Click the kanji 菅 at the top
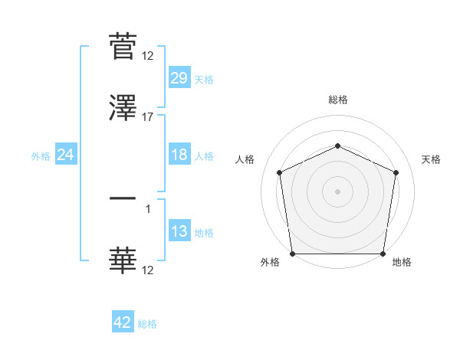point(123,46)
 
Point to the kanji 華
point(123,260)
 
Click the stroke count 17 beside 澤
point(148,116)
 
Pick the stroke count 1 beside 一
point(148,208)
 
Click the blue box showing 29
point(179,78)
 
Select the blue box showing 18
point(179,155)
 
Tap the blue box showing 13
point(179,232)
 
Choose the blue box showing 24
point(66,155)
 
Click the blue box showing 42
point(123,322)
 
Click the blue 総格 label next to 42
point(147,324)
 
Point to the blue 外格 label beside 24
point(41,156)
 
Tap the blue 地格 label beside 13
point(204,233)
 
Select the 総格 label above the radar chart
point(337,100)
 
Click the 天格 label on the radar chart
point(431,159)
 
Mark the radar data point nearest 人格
point(280,172)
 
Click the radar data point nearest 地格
point(383,254)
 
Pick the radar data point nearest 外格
point(292,254)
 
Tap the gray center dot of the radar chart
point(337,191)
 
